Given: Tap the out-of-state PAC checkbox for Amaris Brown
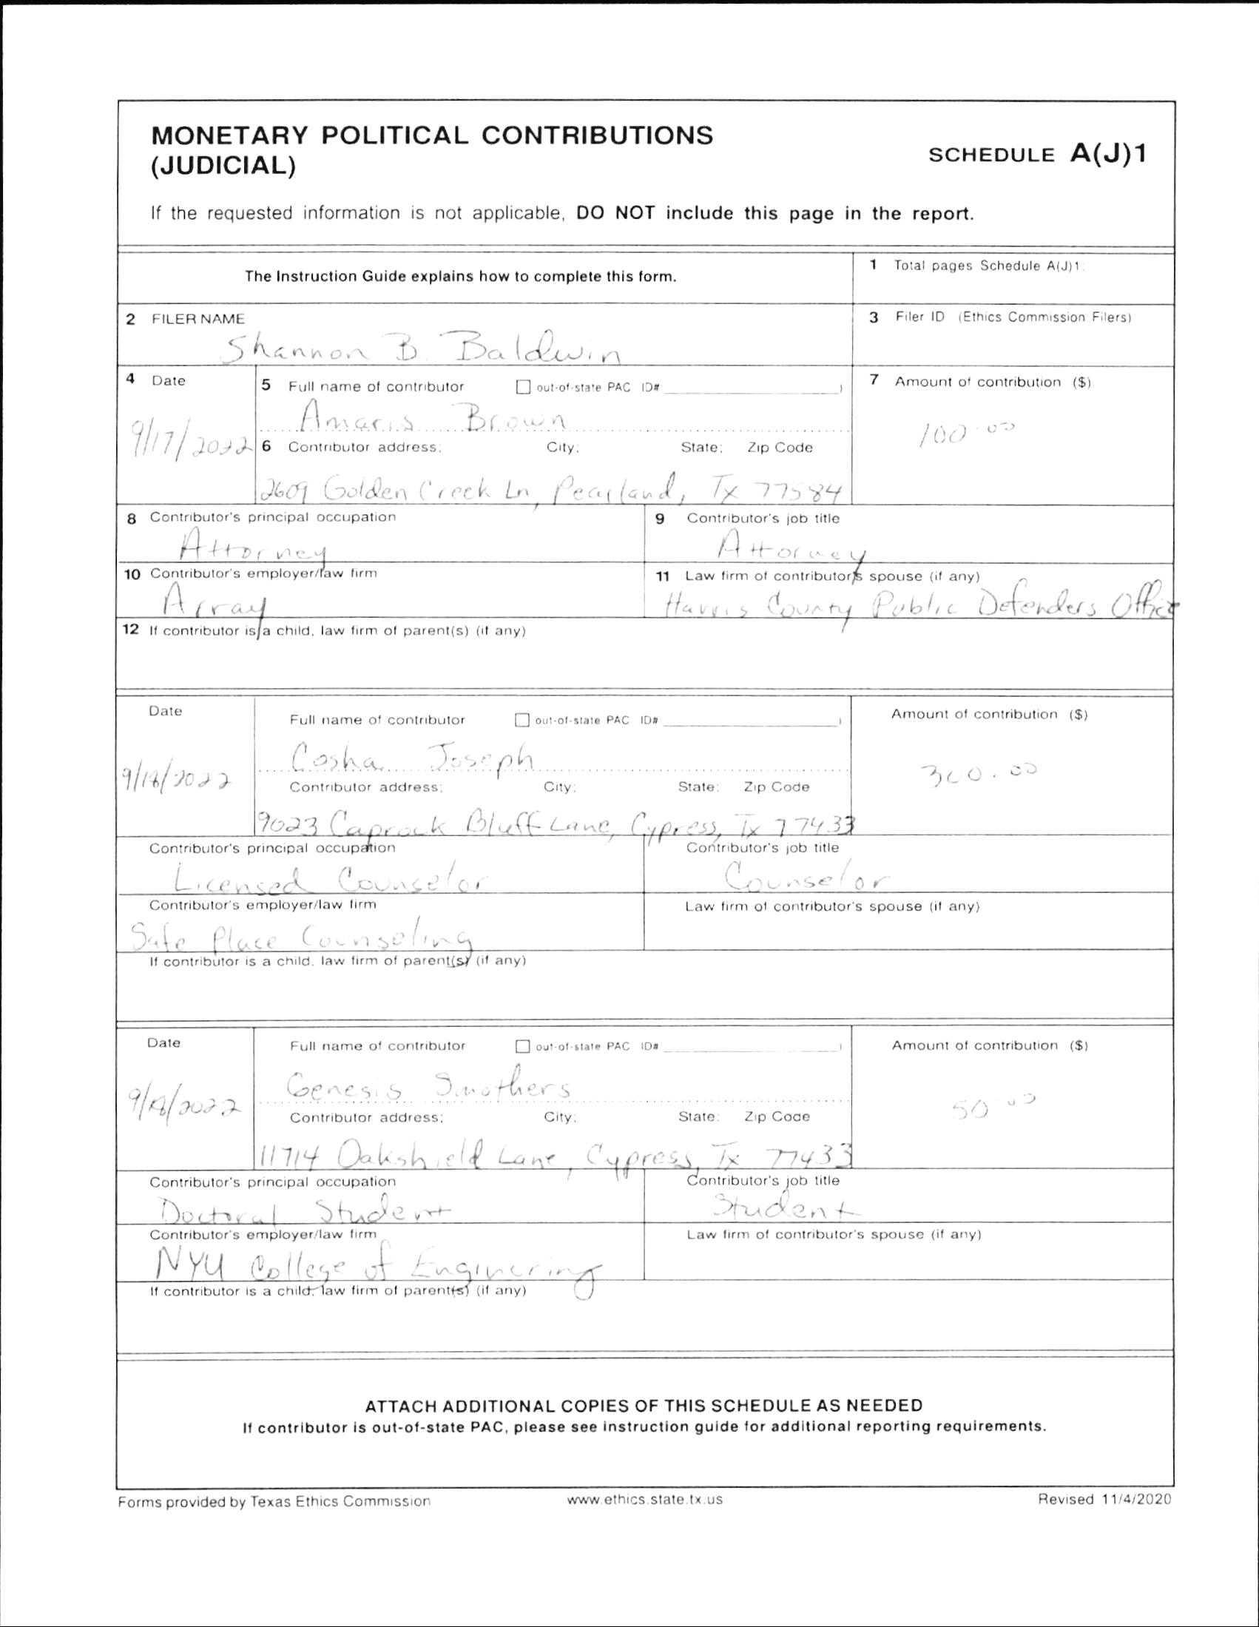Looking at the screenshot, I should (x=524, y=388).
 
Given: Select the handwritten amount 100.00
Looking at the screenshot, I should (x=969, y=432).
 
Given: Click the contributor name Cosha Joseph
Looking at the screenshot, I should (x=411, y=759).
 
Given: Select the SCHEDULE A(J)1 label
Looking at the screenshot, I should (x=1039, y=154).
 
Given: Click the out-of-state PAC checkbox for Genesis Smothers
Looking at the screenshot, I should (x=523, y=1047).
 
